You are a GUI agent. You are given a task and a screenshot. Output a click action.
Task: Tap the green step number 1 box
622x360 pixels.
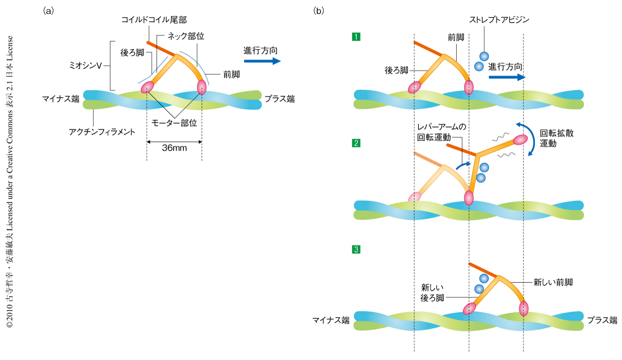tap(356, 36)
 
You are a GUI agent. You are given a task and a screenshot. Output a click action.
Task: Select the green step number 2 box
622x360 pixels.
tap(356, 143)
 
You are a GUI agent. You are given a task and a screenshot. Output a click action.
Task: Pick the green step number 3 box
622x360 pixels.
tap(356, 250)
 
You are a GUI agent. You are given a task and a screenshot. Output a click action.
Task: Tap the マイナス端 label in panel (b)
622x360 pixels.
tap(331, 320)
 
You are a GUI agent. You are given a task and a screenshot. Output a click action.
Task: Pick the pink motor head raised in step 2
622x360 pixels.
tap(521, 139)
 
